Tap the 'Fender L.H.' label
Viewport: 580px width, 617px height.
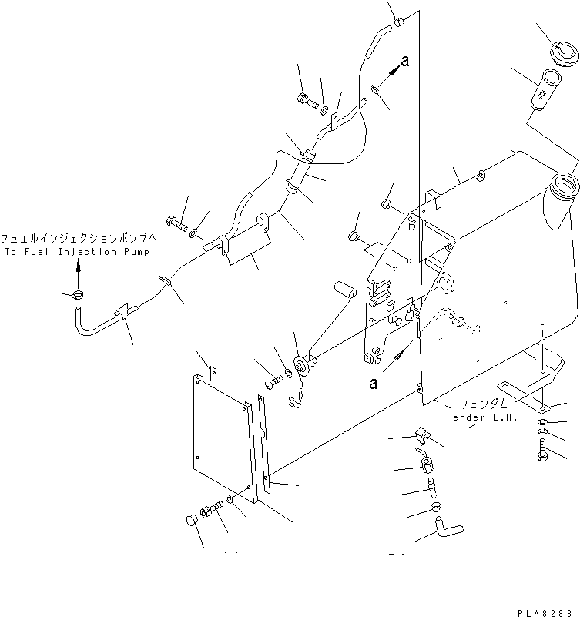pyautogui.click(x=482, y=417)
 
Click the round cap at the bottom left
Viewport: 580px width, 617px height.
pyautogui.click(x=192, y=521)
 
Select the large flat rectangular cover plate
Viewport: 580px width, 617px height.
pyautogui.click(x=218, y=438)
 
